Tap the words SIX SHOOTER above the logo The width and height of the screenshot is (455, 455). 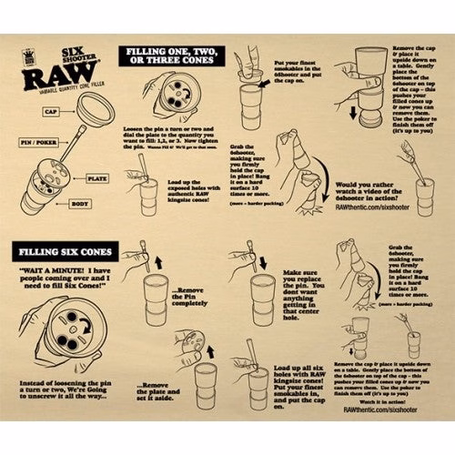[x=75, y=56]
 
